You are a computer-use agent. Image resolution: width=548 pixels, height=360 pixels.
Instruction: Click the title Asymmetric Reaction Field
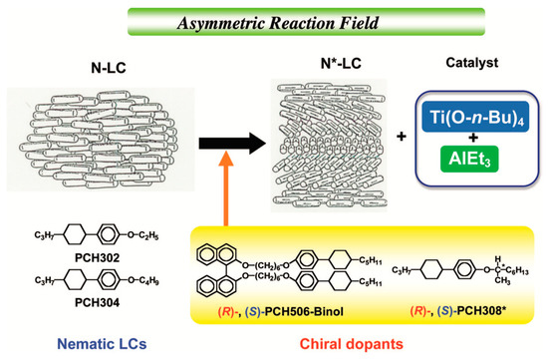point(273,17)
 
